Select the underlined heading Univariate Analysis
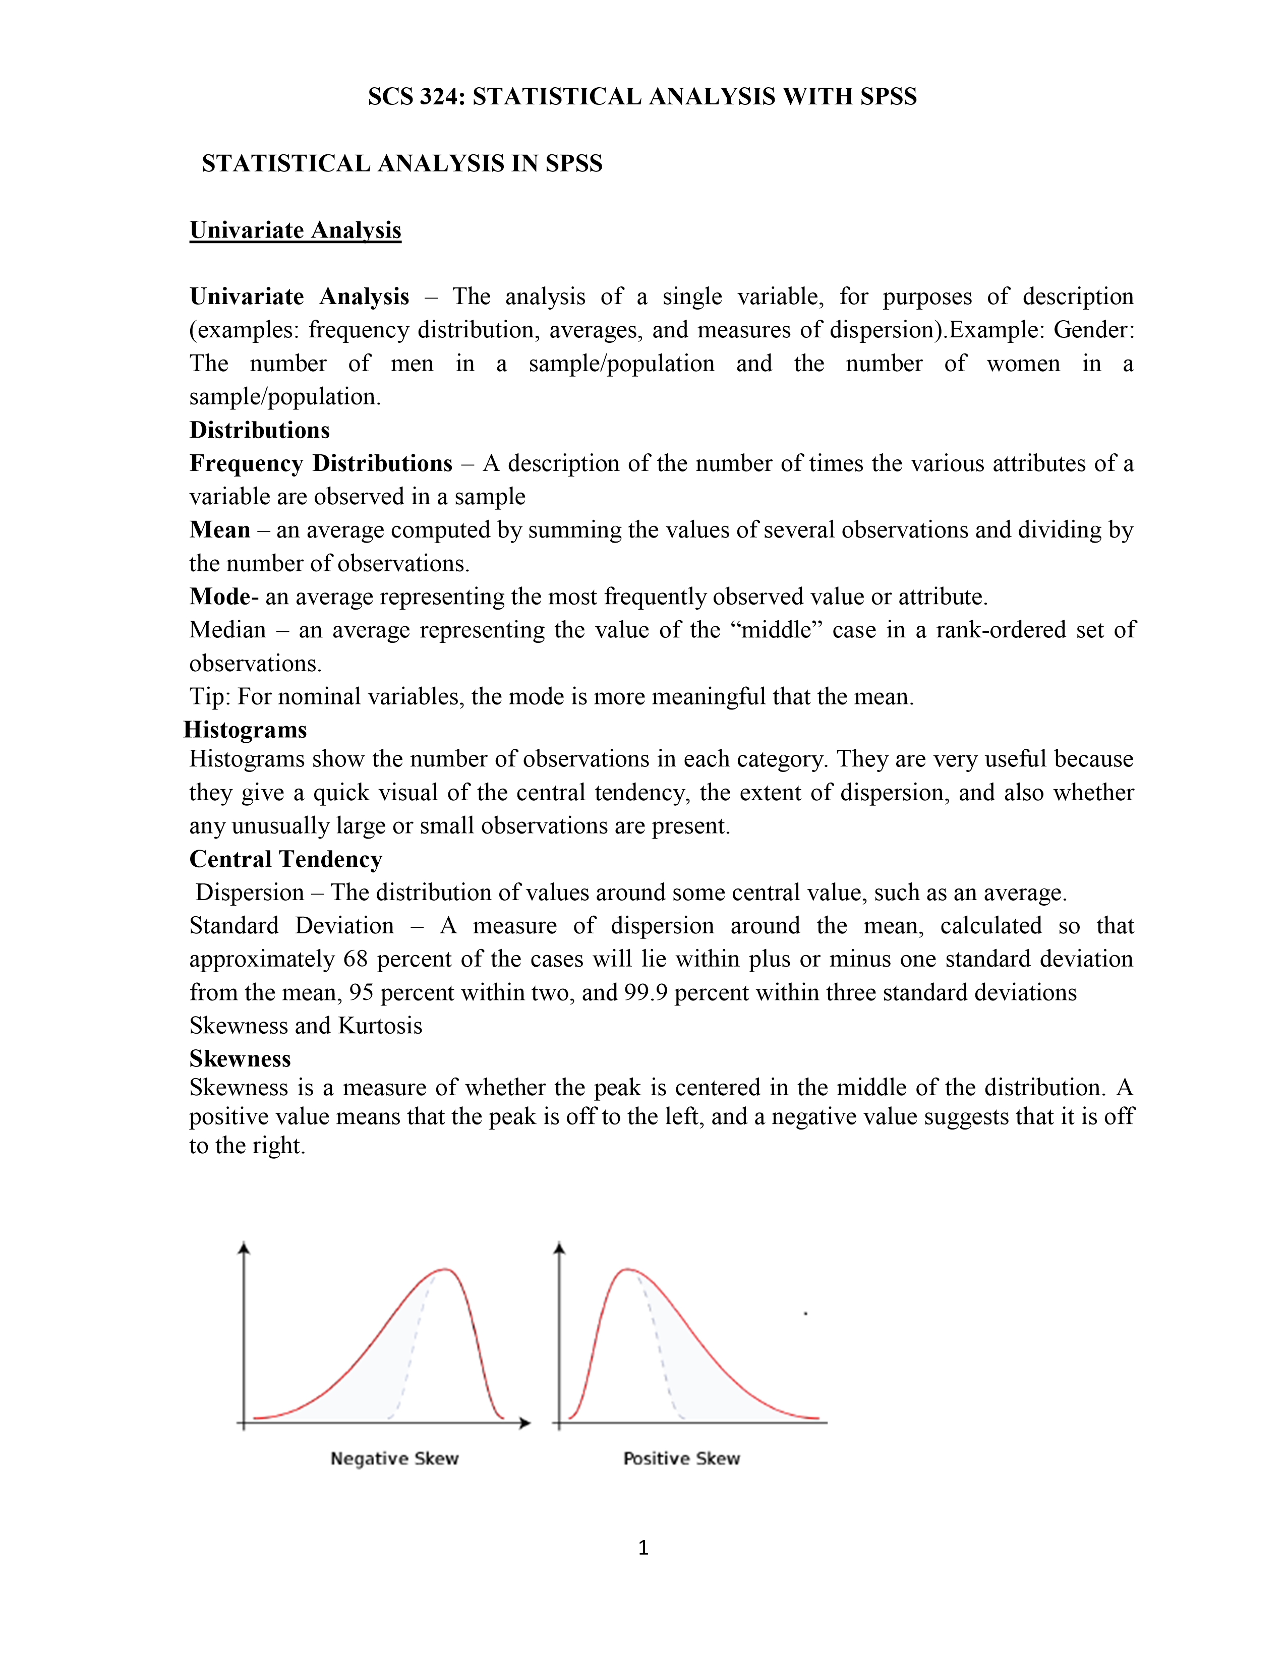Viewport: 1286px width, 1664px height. point(295,230)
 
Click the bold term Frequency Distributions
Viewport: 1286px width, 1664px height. point(321,463)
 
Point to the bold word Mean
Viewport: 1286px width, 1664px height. point(219,529)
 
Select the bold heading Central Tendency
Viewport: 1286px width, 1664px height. point(285,859)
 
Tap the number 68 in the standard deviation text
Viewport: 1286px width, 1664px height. point(356,959)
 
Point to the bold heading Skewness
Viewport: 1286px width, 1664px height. point(240,1058)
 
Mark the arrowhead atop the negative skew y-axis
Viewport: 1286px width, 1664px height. point(244,1246)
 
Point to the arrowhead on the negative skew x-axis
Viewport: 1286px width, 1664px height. point(525,1422)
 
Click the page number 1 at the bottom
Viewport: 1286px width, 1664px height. point(643,1548)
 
